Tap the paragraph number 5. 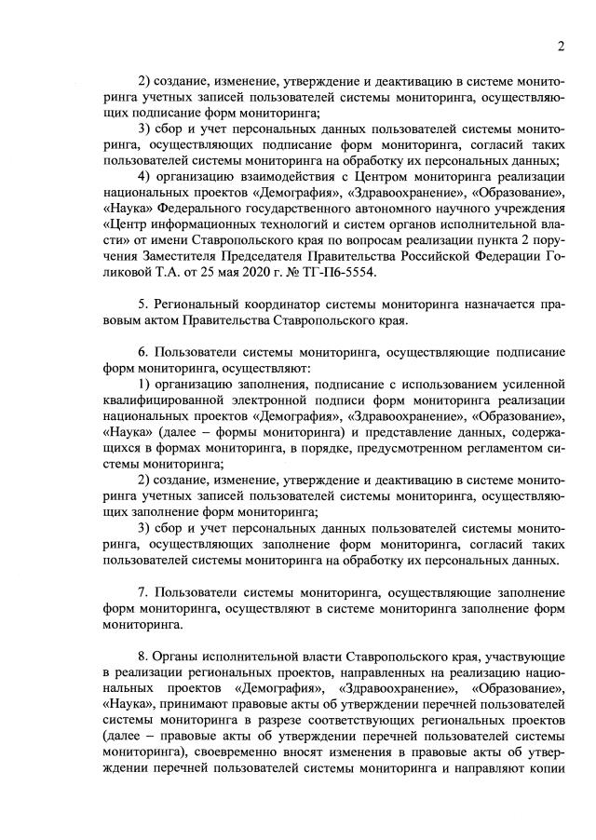[x=142, y=305]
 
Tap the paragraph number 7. [x=142, y=593]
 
